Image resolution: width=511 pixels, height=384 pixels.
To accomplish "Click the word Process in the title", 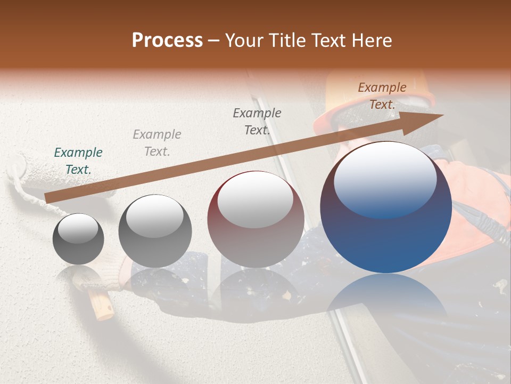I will tap(167, 41).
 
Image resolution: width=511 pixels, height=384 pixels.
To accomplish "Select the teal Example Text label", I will tap(78, 161).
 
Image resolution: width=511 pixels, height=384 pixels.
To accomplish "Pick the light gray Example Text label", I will tap(157, 143).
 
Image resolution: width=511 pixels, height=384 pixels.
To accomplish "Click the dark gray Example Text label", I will tap(257, 122).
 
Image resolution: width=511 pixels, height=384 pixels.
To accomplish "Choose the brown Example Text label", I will tap(382, 96).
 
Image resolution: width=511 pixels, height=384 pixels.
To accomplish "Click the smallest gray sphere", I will tap(78, 239).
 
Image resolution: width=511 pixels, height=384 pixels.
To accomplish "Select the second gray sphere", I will tap(155, 231).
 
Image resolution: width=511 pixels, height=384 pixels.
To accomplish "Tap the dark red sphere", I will tap(256, 220).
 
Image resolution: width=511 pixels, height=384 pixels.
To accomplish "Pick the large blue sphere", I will tap(386, 208).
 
